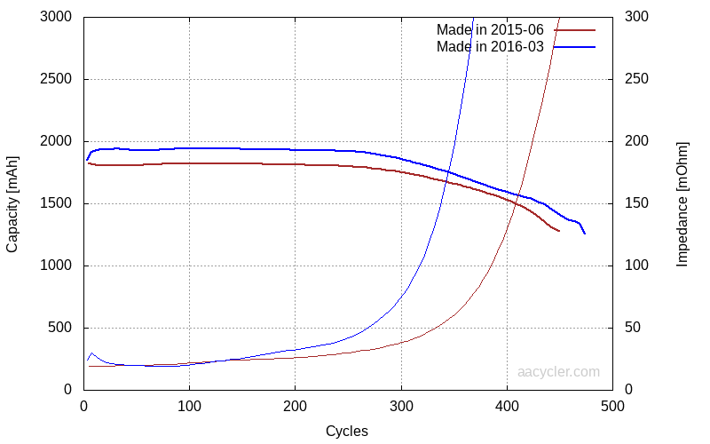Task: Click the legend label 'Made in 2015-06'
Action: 490,30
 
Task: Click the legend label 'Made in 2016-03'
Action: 490,46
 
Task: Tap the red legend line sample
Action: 574,30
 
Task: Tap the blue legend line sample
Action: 574,46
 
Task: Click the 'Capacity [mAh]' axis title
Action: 12,203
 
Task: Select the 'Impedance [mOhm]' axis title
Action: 682,203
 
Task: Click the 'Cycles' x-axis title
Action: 347,432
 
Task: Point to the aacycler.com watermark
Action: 558,372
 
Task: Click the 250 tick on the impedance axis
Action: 637,79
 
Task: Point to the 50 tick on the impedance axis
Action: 634,328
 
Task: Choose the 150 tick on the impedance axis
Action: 637,203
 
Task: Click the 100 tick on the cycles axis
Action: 189,407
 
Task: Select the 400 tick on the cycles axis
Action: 507,407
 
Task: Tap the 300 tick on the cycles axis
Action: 401,407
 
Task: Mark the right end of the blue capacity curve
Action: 585,234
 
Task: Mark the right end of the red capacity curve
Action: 559,231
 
